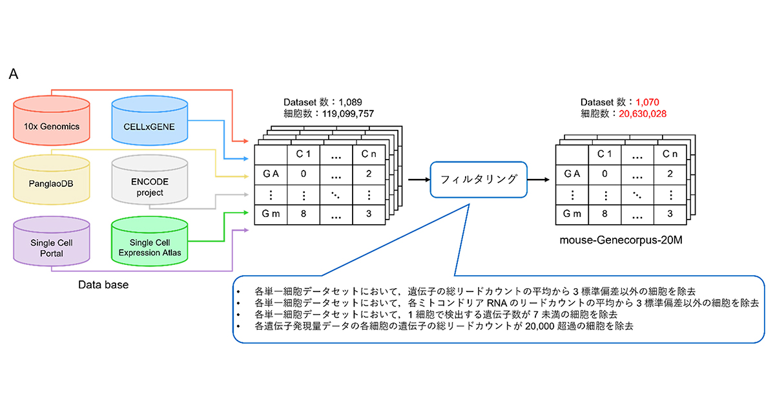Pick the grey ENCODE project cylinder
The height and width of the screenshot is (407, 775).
click(150, 187)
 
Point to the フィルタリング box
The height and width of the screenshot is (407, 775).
click(478, 179)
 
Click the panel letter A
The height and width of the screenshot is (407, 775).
click(14, 74)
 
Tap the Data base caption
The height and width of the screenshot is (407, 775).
click(103, 284)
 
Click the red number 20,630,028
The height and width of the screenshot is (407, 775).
click(643, 113)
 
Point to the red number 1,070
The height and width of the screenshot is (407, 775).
click(646, 102)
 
